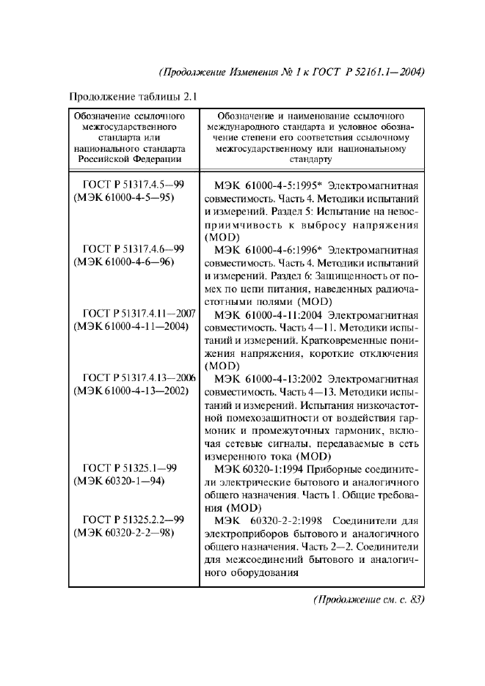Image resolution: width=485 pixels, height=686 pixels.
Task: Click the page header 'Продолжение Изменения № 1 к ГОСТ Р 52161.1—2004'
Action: click(x=292, y=72)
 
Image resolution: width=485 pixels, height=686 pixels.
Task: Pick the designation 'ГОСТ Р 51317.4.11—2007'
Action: click(x=139, y=314)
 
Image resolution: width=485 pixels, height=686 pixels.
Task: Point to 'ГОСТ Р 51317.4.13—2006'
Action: click(x=139, y=378)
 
